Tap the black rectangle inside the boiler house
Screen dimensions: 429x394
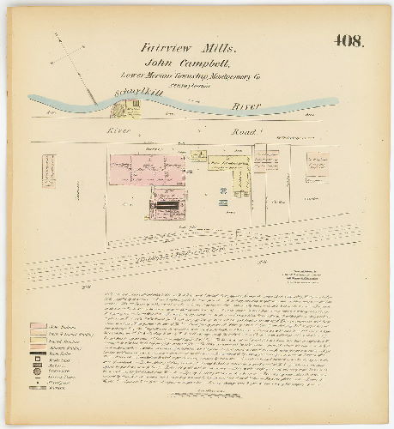[x=167, y=206]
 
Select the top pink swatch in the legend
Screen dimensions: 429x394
[x=37, y=327]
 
